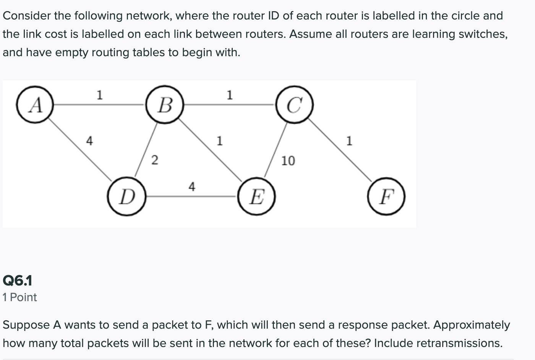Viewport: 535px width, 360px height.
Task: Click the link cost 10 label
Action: click(x=288, y=161)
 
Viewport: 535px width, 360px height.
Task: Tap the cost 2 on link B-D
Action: click(x=154, y=160)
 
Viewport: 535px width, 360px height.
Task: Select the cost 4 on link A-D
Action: click(x=89, y=141)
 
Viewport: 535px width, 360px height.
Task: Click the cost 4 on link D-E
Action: click(x=192, y=186)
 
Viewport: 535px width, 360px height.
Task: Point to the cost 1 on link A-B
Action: click(x=99, y=94)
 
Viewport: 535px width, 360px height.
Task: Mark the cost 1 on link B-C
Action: click(x=229, y=94)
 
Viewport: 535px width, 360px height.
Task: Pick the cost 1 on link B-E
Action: click(x=219, y=141)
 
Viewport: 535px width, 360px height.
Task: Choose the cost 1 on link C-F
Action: click(x=348, y=141)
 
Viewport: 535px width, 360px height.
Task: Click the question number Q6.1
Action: click(x=18, y=281)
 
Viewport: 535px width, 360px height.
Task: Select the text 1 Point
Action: click(x=19, y=297)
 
